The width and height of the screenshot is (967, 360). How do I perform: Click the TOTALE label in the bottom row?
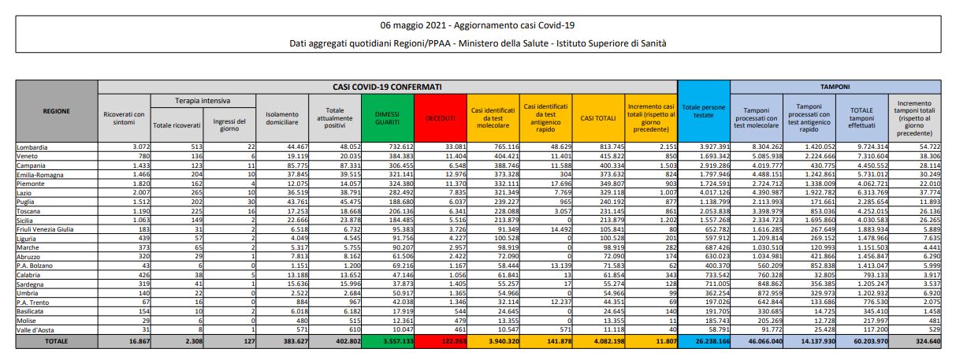pos(56,343)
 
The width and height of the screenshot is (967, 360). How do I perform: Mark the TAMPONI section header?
pos(835,86)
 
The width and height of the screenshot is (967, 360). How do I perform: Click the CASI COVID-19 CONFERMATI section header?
pos(387,86)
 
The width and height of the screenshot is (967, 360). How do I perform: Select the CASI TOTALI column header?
pos(598,117)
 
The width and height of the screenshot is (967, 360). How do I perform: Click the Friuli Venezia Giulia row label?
pos(45,228)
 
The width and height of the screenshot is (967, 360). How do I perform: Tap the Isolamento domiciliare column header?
pos(282,117)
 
